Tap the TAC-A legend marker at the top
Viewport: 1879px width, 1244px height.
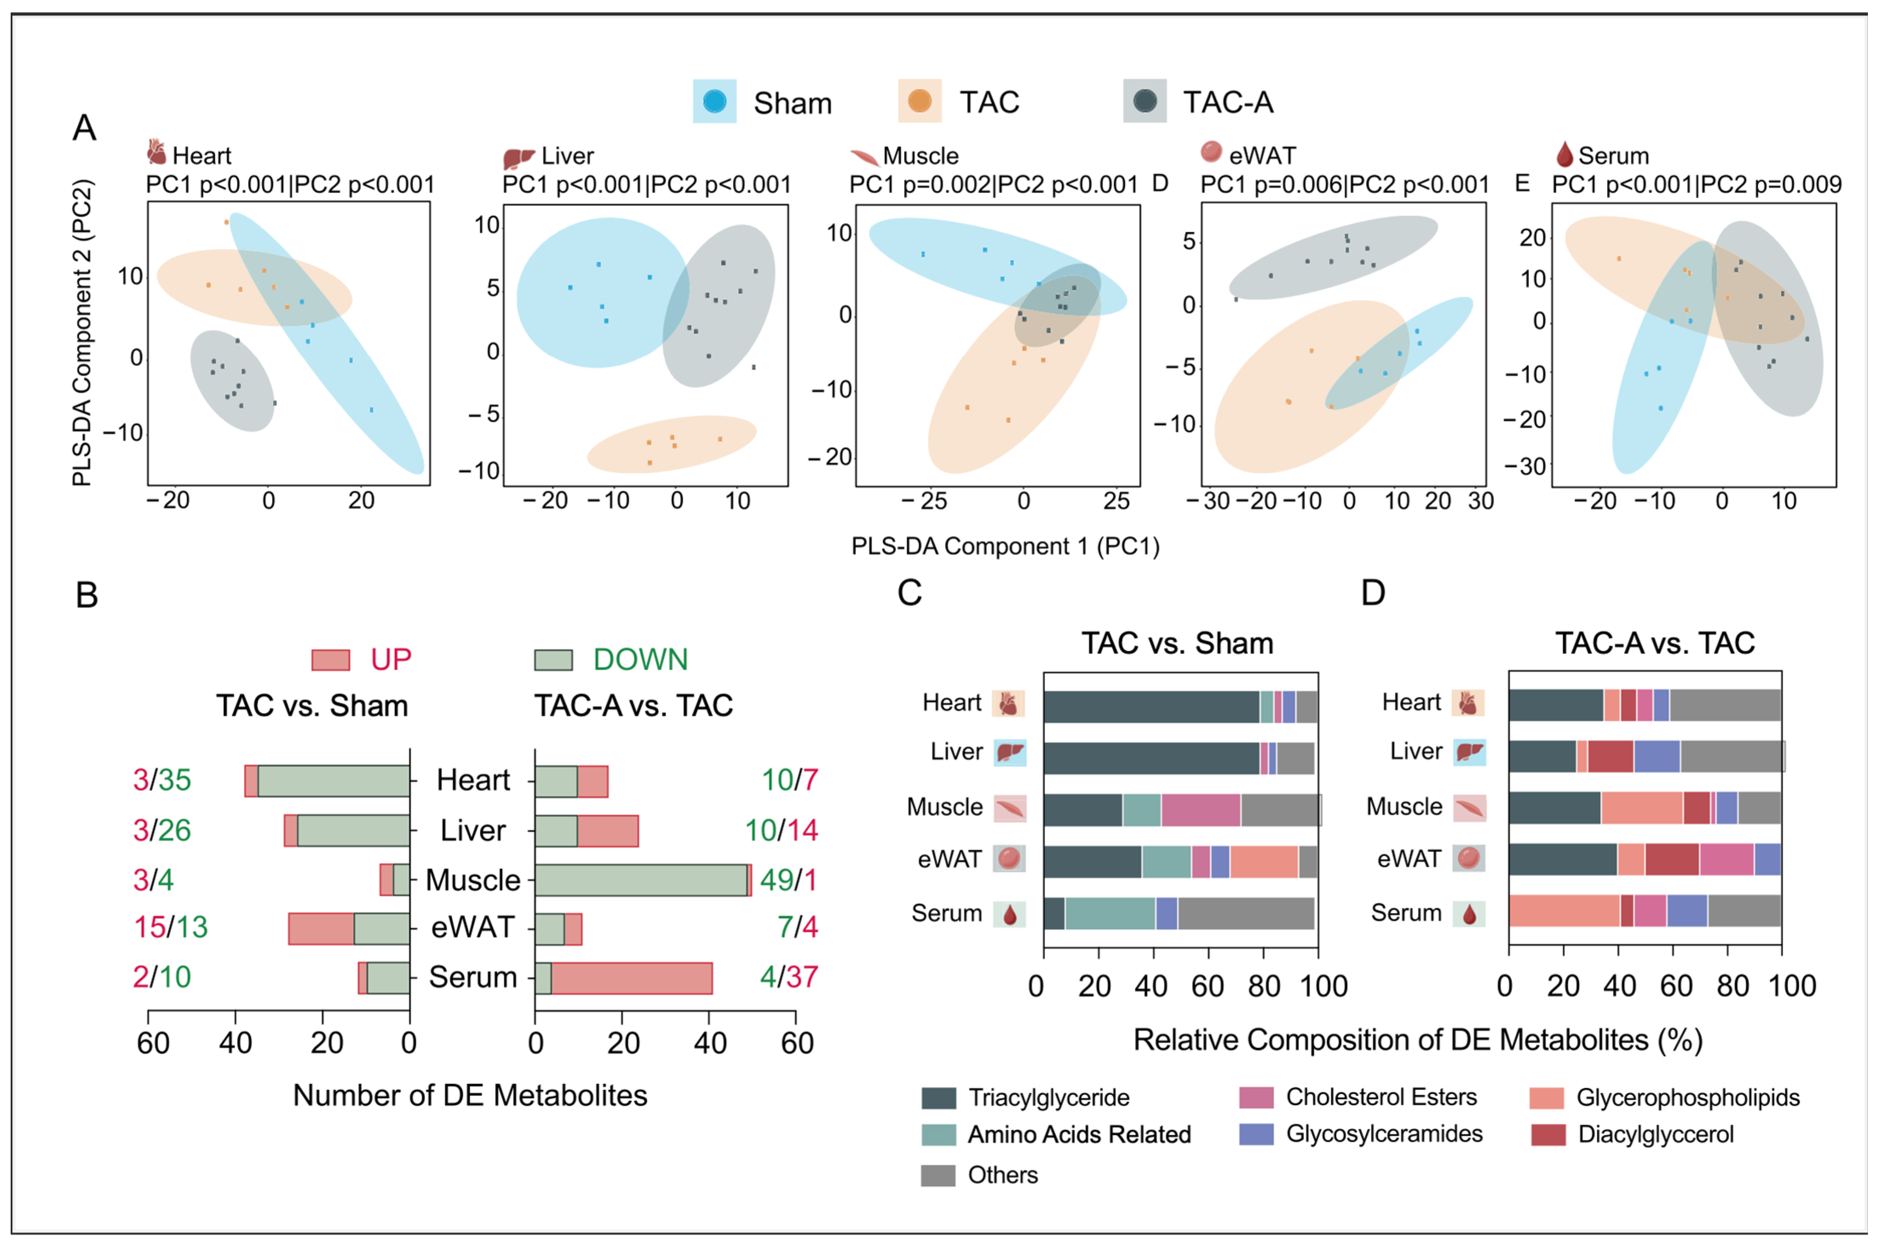click(x=1144, y=101)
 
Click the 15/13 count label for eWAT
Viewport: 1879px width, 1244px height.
click(x=170, y=927)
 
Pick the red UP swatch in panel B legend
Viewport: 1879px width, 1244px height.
click(x=330, y=660)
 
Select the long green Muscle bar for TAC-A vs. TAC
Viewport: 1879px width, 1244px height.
click(x=641, y=880)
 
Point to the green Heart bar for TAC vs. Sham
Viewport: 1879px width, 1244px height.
click(x=333, y=780)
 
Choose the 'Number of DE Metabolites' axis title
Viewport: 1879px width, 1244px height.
click(x=470, y=1096)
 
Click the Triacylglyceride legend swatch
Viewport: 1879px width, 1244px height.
click(x=938, y=1098)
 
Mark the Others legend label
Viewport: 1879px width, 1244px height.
click(x=1003, y=1175)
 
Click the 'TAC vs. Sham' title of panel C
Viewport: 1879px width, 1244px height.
click(x=1177, y=642)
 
